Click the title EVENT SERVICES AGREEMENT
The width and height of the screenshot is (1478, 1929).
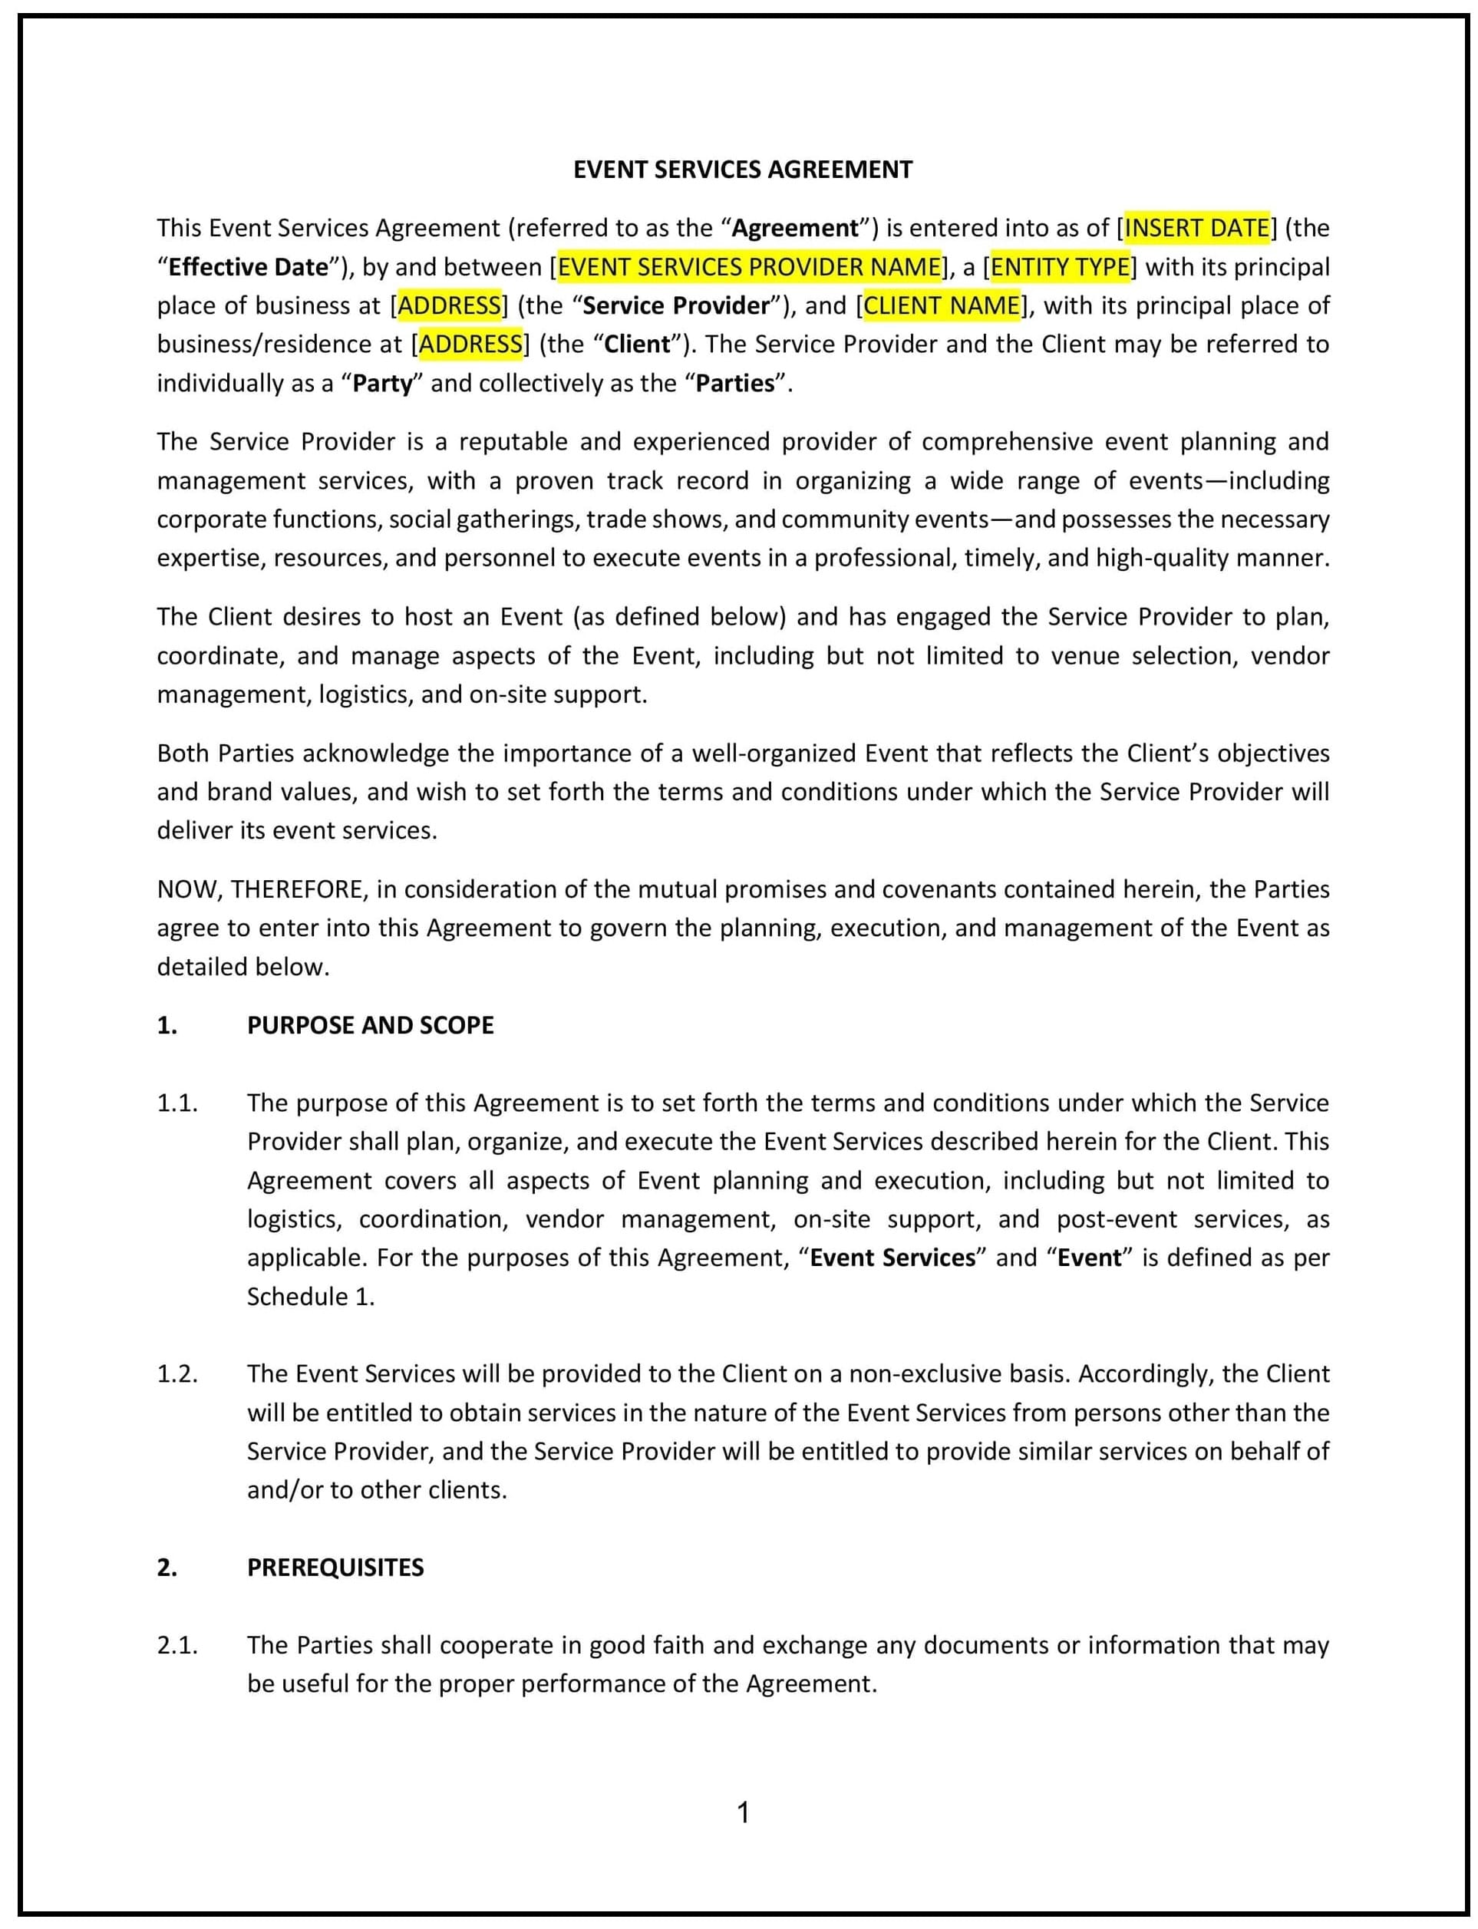743,170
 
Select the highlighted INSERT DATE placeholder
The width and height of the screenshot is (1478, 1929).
1196,228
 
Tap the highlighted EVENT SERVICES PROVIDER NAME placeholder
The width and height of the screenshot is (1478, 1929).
749,266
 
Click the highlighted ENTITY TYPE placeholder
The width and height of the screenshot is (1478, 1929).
1060,266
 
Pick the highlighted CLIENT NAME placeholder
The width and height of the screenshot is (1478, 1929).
942,305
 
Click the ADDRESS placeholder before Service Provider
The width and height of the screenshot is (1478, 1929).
450,305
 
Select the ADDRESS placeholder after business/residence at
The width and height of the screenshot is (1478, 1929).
470,344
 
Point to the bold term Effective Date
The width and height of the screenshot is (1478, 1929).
247,266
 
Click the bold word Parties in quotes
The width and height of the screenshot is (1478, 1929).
734,384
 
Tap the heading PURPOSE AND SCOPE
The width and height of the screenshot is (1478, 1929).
370,1026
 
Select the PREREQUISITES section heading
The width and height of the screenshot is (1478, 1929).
335,1568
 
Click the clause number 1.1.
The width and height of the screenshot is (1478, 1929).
177,1103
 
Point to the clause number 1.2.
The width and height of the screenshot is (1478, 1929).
177,1374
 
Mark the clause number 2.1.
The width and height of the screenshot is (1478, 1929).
177,1645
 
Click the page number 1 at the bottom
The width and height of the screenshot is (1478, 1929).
743,1813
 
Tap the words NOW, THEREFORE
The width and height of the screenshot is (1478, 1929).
259,889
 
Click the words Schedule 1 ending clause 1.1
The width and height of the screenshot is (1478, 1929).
310,1297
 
